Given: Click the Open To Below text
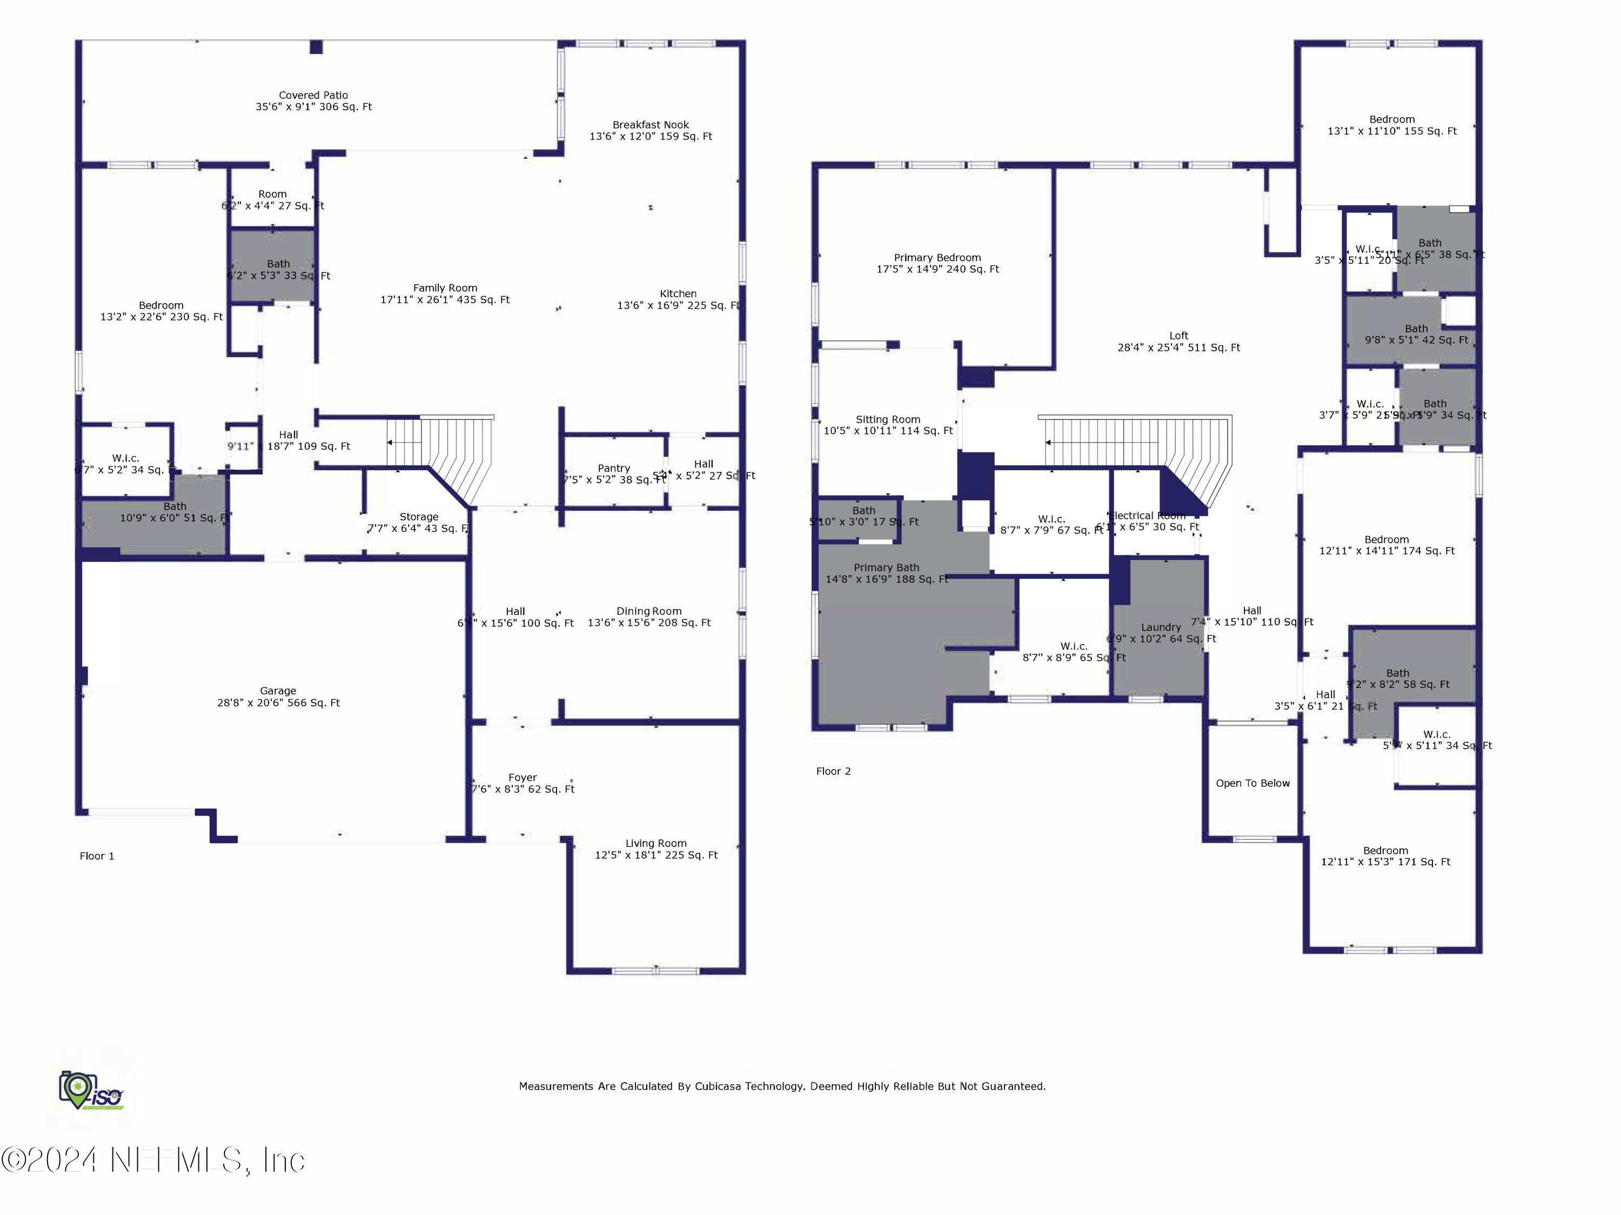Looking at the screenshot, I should (x=1252, y=783).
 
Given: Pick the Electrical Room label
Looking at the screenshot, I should (x=1148, y=516).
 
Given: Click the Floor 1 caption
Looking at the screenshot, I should (x=97, y=856).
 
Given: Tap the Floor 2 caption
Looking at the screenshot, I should (x=833, y=771).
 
